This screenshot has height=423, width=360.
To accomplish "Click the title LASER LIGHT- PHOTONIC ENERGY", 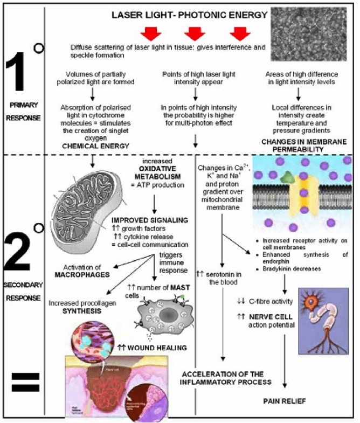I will coord(189,15).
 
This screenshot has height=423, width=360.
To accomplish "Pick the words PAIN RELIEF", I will coord(285,401).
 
